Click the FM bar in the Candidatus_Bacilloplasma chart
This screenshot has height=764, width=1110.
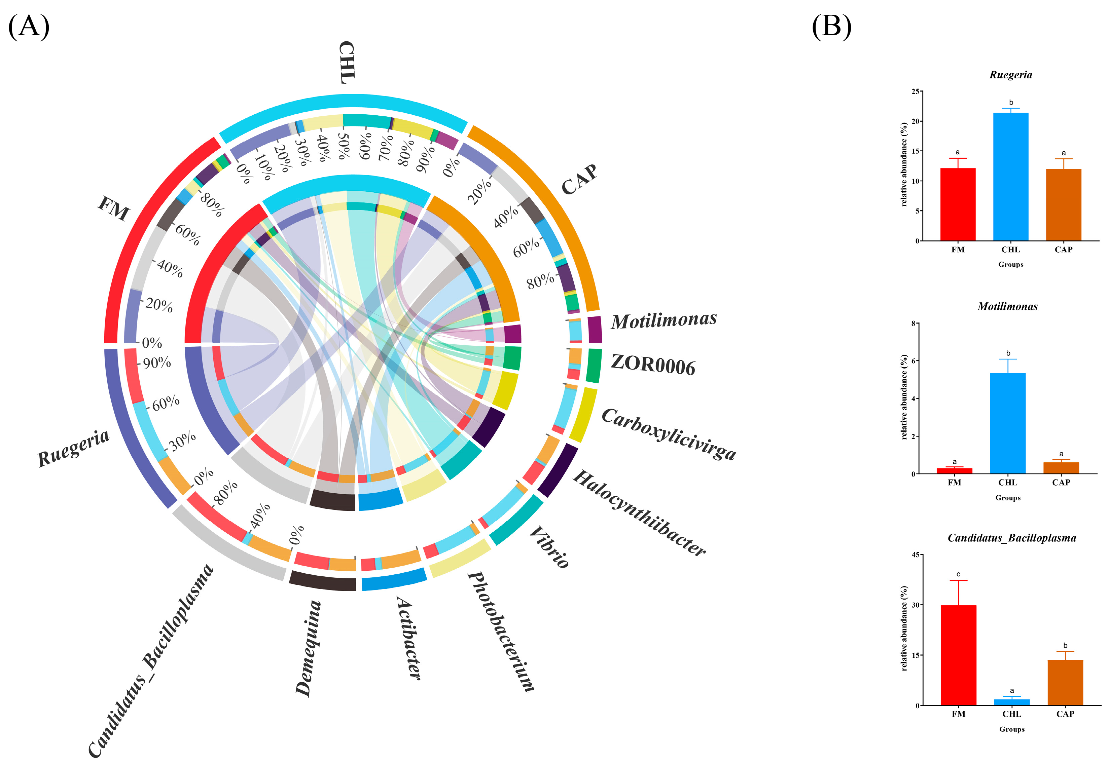point(958,655)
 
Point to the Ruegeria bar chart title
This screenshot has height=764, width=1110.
point(1010,75)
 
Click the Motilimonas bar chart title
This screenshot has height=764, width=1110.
point(1007,306)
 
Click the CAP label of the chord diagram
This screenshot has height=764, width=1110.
point(579,180)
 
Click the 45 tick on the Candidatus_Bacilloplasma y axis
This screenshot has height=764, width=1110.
point(915,555)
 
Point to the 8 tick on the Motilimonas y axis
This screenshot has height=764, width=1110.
point(913,323)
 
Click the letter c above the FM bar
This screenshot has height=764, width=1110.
point(958,574)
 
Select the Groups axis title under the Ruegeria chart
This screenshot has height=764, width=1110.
point(1010,264)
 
